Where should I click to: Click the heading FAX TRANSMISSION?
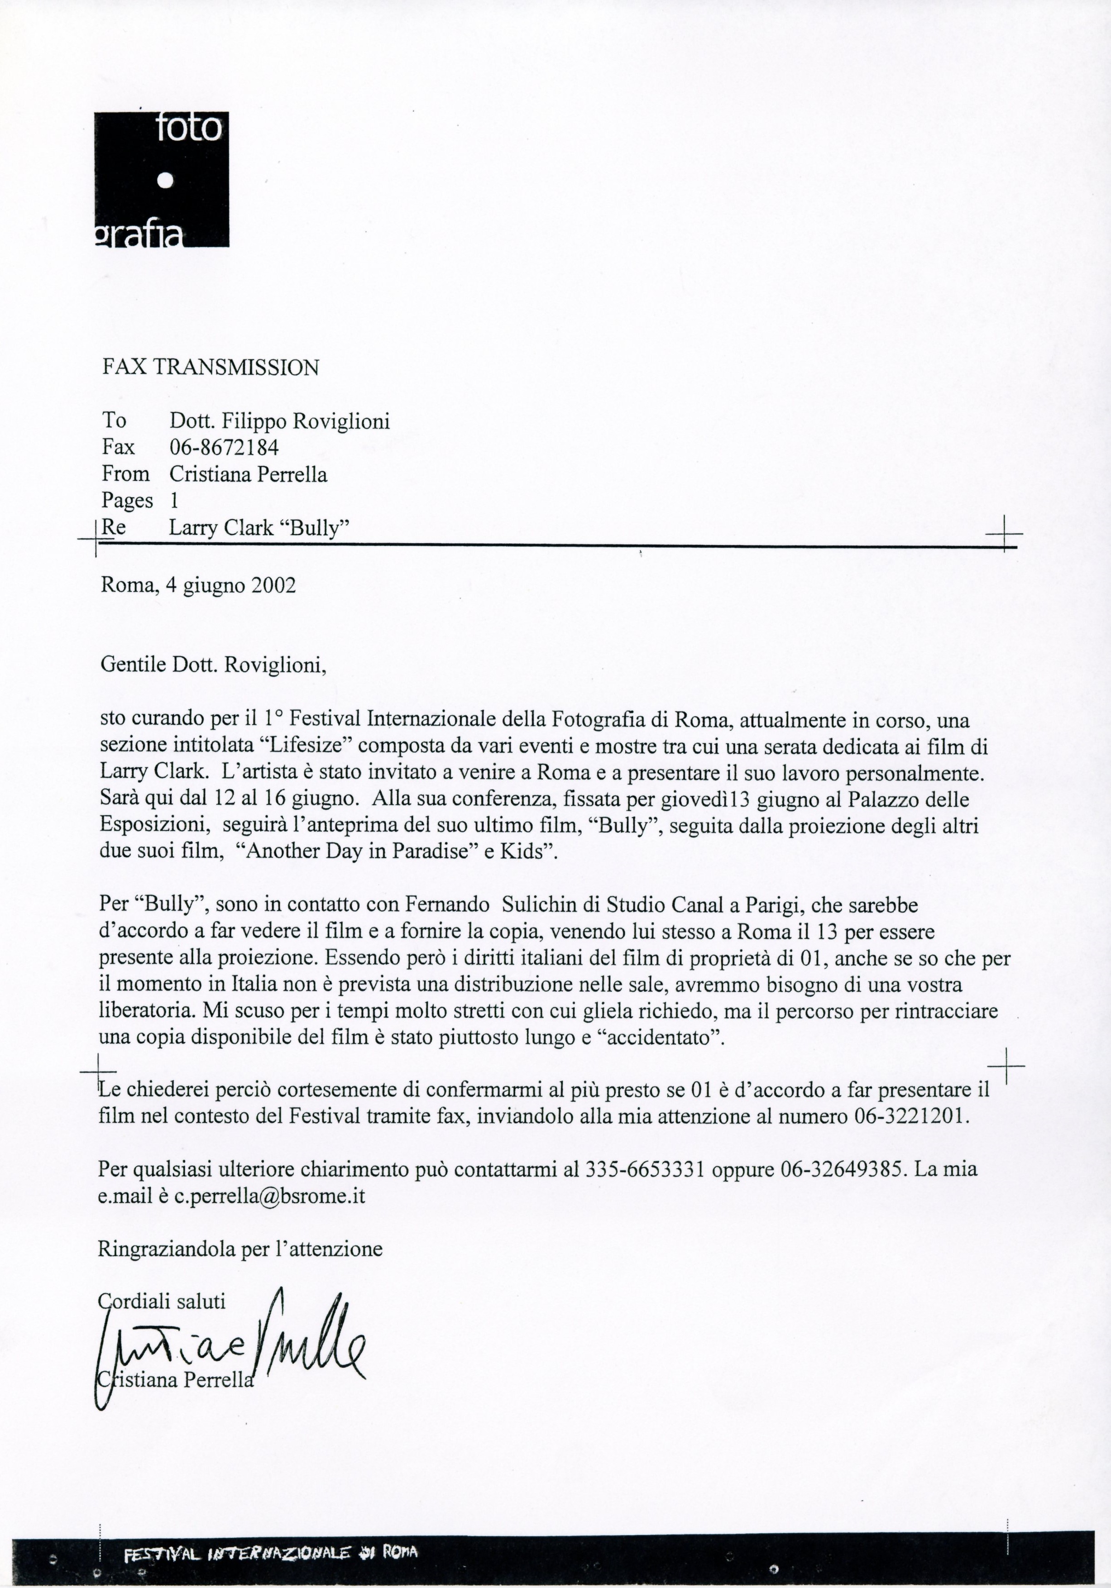(x=211, y=367)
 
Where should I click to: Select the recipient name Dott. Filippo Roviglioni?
(x=279, y=421)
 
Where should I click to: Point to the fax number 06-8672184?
(x=224, y=448)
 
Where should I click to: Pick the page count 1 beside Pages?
(x=174, y=501)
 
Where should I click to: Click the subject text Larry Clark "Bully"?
(x=259, y=528)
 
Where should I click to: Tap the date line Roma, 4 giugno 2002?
(x=199, y=585)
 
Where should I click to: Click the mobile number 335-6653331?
(x=645, y=1170)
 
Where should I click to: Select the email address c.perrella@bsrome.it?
(x=269, y=1196)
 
